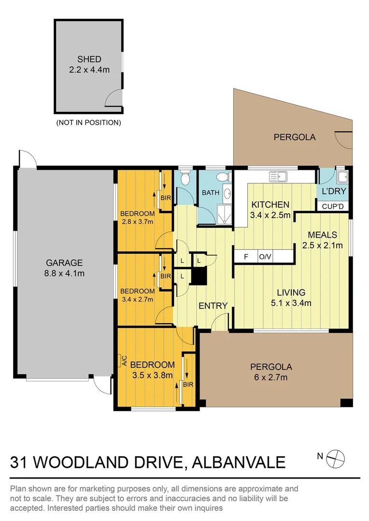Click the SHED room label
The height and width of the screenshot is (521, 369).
tap(89, 59)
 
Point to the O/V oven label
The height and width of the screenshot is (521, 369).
tap(265, 257)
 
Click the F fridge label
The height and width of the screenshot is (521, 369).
tap(246, 257)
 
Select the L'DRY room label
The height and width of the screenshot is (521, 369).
tap(334, 192)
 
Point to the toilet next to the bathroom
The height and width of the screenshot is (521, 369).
tap(184, 179)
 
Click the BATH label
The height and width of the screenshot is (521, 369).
tap(211, 192)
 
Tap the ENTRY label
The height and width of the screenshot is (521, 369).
tap(213, 305)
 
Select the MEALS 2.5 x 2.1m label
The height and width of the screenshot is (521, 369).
tap(322, 240)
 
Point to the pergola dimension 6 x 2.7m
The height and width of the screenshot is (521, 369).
tap(270, 377)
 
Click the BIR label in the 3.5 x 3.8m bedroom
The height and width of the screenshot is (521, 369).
tap(188, 384)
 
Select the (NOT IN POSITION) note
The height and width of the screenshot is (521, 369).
tap(88, 123)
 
